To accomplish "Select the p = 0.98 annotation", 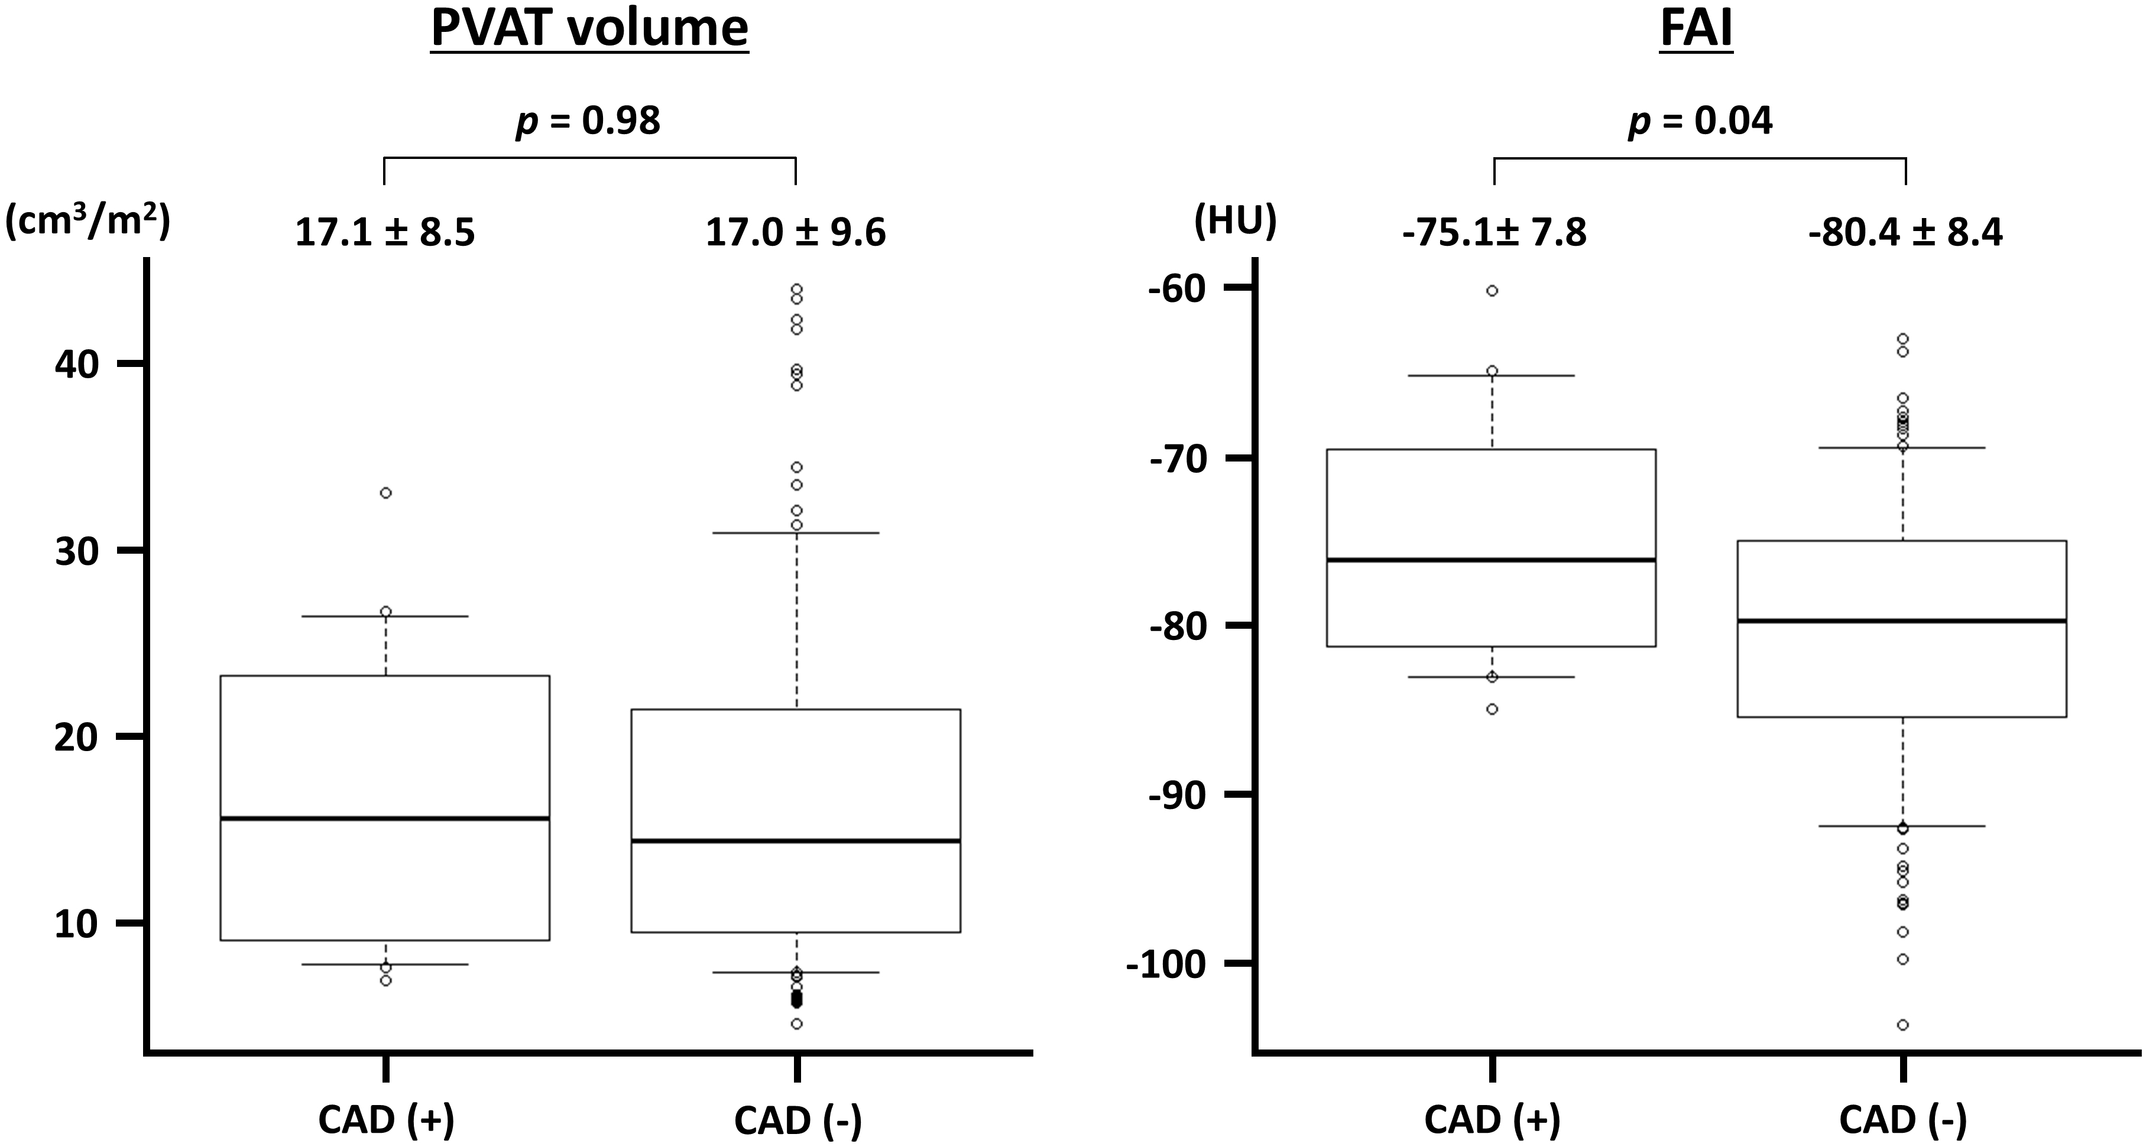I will point(589,122).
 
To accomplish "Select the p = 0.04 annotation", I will point(1700,122).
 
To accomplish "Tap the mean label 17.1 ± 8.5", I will point(385,233).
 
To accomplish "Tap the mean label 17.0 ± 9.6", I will point(796,233).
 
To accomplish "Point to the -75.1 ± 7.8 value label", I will point(1494,233).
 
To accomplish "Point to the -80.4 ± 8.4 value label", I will point(1905,233).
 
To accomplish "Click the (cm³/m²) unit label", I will point(87,223).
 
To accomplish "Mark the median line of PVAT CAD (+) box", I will point(385,819).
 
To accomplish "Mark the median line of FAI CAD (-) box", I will point(1903,622).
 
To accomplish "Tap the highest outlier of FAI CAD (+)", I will point(1492,291).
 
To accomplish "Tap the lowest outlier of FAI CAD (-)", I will point(1903,1025).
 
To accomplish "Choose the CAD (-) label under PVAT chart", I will point(798,1121).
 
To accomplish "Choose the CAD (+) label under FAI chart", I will point(1492,1121).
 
